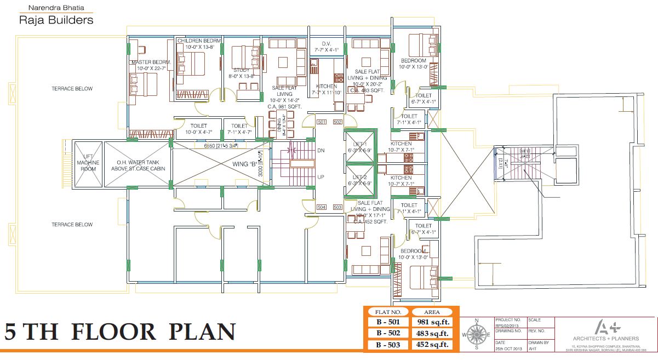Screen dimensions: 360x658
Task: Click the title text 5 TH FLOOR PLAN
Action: tap(121, 333)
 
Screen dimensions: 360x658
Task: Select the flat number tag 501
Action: tap(322, 122)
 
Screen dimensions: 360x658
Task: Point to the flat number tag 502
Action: tap(337, 122)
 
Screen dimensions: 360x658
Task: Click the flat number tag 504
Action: tap(322, 207)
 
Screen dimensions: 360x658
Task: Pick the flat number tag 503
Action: tap(337, 207)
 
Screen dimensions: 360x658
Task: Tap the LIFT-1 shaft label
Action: tap(360, 146)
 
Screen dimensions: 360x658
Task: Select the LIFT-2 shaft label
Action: tap(360, 180)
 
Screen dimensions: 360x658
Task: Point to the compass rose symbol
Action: tap(476, 334)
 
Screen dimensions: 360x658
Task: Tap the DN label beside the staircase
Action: tap(321, 150)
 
